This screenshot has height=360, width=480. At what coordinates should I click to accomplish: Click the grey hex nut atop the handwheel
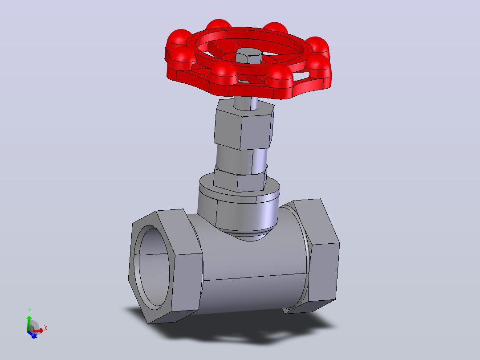tap(249, 55)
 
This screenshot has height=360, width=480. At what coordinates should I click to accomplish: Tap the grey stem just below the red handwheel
tap(246, 103)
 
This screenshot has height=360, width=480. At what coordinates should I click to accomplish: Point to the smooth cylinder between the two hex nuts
tap(241, 160)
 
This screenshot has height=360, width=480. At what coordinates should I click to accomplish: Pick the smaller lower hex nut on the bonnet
tap(240, 179)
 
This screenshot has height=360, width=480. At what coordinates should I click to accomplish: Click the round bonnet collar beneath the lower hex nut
tap(239, 202)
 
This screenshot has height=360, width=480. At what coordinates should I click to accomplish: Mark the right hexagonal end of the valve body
tap(315, 256)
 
